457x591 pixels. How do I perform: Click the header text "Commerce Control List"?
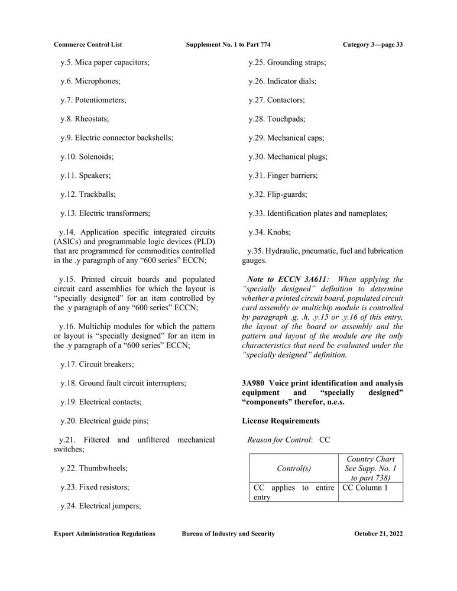[x=87, y=44]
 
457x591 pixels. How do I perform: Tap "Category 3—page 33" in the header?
[x=372, y=44]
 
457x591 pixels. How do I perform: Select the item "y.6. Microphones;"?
[x=90, y=81]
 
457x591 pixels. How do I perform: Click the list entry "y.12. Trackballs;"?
[x=87, y=194]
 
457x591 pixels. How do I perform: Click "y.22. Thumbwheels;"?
[x=94, y=468]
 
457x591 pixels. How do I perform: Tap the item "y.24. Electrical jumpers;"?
[x=101, y=506]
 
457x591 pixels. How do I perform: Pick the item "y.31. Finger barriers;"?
[x=283, y=176]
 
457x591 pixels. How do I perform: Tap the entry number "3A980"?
[x=252, y=384]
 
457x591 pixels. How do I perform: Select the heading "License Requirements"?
[x=281, y=421]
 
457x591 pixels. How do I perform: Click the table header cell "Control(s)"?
[x=293, y=468]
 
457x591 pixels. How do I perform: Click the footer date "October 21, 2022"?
[x=378, y=534]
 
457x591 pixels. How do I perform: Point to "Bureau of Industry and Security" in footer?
[x=228, y=534]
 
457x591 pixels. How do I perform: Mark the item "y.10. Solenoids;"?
[x=87, y=157]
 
